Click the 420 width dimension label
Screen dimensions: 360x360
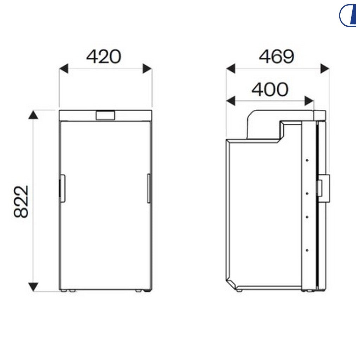tap(104, 57)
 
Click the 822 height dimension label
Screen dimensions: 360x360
tap(21, 201)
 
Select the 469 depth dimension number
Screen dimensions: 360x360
tap(276, 57)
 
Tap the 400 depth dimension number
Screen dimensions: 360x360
tap(270, 89)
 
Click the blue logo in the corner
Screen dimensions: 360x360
tap(347, 16)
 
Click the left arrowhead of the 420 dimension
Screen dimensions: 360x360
tap(64, 69)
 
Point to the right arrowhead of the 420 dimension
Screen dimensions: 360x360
tap(147, 69)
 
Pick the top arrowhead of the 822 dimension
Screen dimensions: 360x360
tap(33, 115)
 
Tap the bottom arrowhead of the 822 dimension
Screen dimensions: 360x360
tap(33, 287)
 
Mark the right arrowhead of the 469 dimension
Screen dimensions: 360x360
tap(325, 69)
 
